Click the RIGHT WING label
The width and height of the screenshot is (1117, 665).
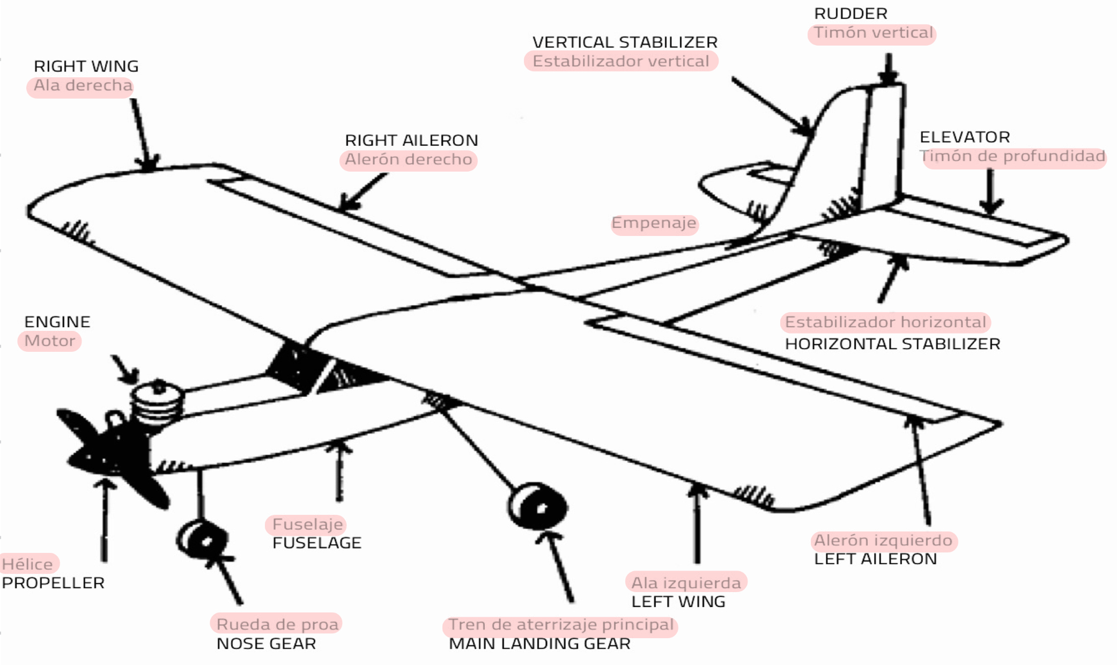coord(86,66)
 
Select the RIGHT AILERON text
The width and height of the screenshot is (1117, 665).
coord(411,140)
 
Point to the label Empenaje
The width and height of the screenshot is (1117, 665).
coord(654,223)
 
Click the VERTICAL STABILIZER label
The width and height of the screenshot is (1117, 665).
coord(625,42)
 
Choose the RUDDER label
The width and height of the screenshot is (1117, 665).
coord(850,13)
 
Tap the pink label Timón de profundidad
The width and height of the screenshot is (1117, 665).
coord(1012,156)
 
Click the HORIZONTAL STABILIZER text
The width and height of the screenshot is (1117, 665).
coord(892,344)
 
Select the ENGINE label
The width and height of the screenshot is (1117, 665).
coord(57,322)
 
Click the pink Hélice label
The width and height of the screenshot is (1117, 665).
coord(28,564)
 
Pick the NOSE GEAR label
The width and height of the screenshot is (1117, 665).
coord(266,644)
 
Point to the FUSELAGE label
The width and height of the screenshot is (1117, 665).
coord(316,543)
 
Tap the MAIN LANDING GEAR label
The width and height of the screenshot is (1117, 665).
coord(539,644)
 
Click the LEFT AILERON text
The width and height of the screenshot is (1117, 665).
coord(875,559)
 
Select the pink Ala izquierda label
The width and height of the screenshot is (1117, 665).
coord(686,582)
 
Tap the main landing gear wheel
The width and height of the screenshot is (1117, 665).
coord(538,506)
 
